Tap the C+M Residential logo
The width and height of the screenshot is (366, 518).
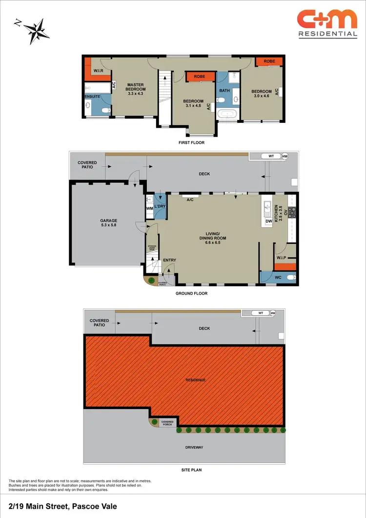327,24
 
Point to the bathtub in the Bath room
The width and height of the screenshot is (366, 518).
228,115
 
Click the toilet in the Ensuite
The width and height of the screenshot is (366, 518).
104,111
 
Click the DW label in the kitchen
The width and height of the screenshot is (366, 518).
268,222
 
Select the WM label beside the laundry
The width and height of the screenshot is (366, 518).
149,209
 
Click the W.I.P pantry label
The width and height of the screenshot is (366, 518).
281,258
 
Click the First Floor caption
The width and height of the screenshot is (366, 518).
191,143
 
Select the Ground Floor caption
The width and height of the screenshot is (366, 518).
191,294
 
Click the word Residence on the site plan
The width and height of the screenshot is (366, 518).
196,379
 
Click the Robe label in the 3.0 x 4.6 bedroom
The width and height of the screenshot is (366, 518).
269,61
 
